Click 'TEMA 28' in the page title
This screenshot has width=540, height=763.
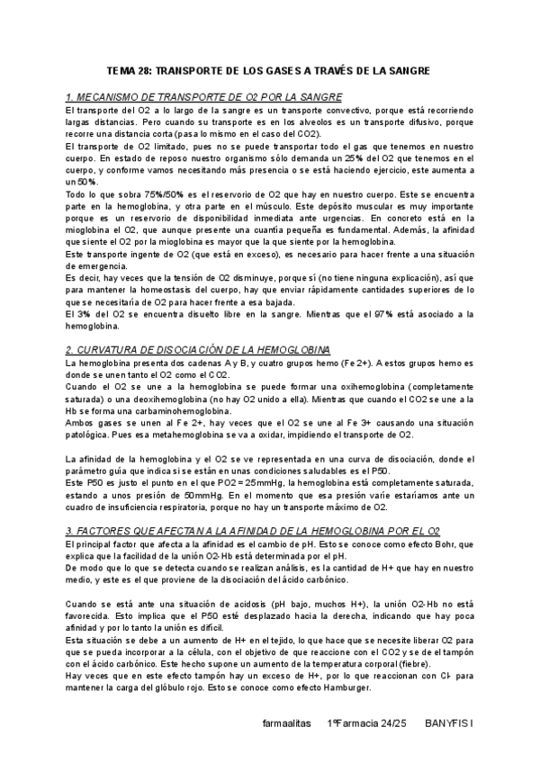[129, 70]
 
